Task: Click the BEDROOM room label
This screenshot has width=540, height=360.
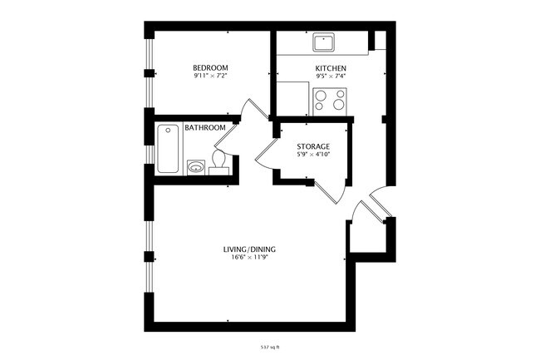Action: [210, 68]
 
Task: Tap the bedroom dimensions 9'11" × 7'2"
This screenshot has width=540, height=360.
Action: [210, 76]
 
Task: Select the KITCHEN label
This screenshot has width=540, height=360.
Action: [331, 68]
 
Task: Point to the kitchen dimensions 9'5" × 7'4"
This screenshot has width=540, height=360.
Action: [331, 76]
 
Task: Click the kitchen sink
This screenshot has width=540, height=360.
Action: [323, 42]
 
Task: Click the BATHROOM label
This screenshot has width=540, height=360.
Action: [205, 128]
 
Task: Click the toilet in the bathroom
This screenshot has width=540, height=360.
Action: [219, 159]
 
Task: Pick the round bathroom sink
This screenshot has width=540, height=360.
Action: [196, 166]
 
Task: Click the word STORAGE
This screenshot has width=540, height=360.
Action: [313, 146]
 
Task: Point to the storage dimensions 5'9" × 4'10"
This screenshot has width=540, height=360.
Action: [313, 155]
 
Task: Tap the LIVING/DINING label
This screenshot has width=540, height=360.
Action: [249, 249]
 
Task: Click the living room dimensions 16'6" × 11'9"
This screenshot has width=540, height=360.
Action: [249, 258]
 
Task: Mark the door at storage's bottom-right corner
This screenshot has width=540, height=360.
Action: [332, 190]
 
